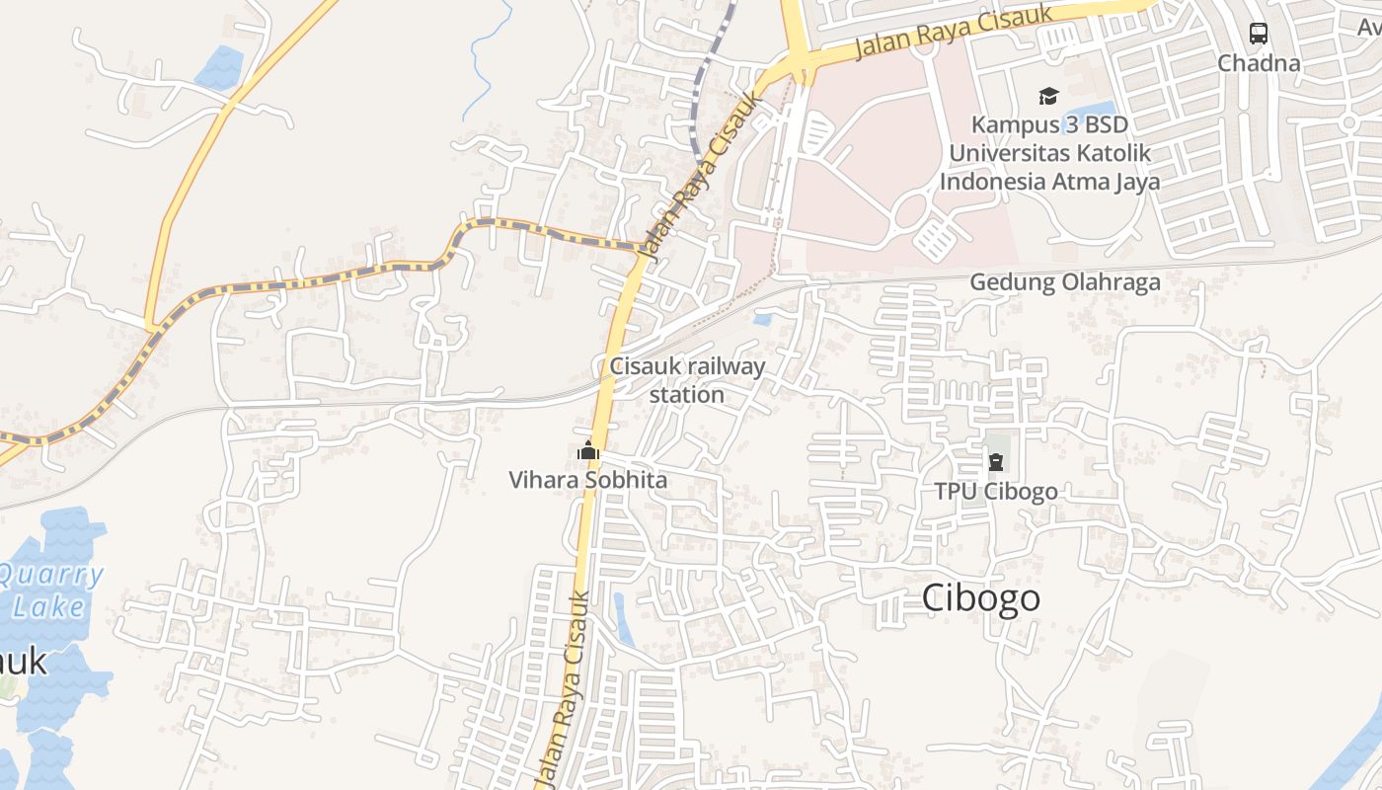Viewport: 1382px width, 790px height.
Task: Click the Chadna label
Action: pos(1259,63)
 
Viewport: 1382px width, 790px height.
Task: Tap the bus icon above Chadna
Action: pos(1259,34)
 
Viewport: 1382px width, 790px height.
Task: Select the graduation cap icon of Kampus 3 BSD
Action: pos(1048,96)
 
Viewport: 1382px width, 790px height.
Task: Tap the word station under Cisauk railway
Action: pos(687,395)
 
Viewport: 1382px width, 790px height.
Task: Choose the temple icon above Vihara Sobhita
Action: pos(588,452)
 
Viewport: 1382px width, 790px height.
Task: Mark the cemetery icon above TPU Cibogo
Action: pos(996,462)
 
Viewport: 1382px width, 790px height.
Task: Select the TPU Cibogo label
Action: pos(996,491)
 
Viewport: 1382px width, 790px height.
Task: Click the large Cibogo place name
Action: pos(981,598)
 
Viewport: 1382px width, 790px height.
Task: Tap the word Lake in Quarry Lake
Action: pos(49,606)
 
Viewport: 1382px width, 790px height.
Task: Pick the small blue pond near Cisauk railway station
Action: pos(762,319)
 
